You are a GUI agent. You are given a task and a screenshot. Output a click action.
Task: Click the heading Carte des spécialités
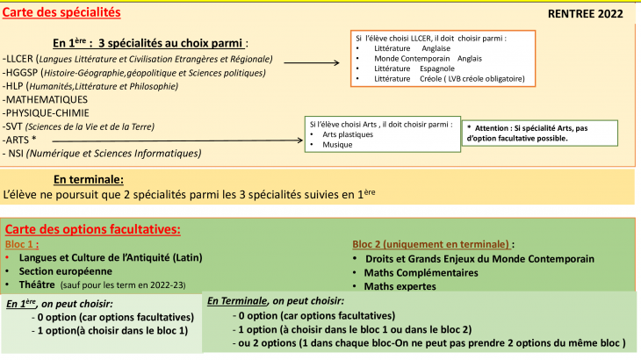[x=61, y=14]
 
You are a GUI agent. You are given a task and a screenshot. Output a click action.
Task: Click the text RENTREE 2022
[x=586, y=14]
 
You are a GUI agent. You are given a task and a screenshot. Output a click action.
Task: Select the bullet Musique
[x=339, y=144]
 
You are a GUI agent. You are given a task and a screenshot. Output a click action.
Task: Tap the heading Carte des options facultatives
[x=92, y=230]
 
